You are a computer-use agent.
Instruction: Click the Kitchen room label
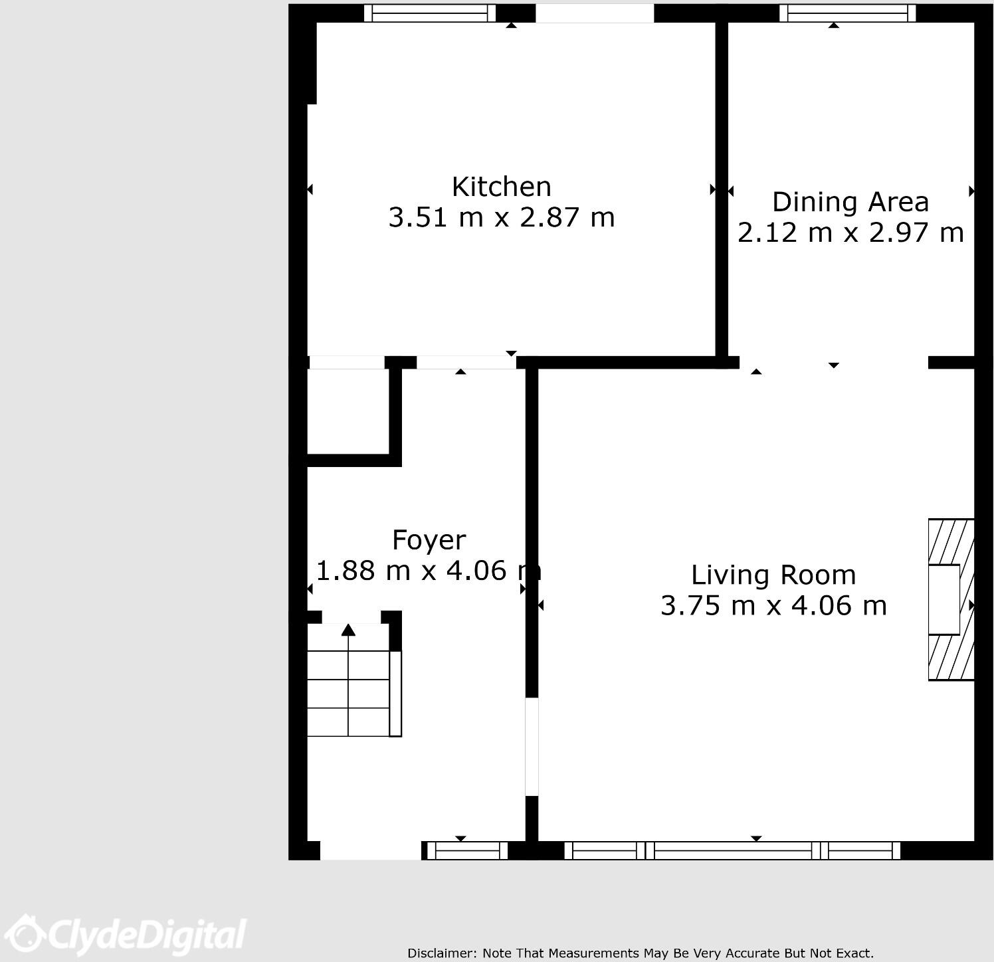pos(501,187)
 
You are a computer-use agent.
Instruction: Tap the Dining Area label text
pos(850,202)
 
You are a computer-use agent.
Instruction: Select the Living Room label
pos(773,575)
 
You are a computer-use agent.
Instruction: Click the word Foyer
pos(429,540)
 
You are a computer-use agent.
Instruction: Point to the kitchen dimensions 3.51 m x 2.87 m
pos(501,218)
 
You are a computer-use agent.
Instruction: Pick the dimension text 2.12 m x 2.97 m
pos(850,233)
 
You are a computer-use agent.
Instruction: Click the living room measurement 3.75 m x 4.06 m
pos(773,606)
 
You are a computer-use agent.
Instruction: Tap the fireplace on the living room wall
pos(950,599)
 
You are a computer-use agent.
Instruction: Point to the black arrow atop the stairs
pos(348,630)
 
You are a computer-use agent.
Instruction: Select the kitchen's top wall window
pos(430,13)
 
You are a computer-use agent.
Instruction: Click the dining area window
pos(847,13)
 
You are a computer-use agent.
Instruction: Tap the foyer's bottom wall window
pos(467,850)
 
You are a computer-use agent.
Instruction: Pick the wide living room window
pos(732,850)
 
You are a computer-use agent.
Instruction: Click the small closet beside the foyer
pos(347,412)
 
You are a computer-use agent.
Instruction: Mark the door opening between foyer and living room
pos(532,746)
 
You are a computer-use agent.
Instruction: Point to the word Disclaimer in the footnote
pos(441,953)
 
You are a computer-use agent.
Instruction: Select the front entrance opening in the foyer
pos(370,850)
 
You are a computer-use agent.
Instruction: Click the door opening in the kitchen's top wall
pos(595,13)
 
